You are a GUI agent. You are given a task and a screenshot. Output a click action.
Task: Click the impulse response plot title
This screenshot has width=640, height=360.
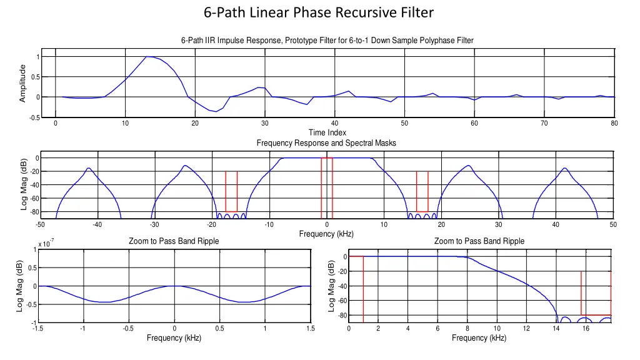327,41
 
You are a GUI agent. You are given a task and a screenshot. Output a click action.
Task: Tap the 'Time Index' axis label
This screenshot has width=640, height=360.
327,132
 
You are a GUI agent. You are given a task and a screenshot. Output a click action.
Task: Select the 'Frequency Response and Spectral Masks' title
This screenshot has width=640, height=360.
326,143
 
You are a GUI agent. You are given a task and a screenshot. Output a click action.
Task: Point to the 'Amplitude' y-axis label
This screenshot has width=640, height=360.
22,83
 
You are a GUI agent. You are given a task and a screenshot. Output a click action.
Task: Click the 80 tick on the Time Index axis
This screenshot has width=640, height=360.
614,123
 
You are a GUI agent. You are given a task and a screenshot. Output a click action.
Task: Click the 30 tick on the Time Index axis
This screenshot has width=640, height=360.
265,123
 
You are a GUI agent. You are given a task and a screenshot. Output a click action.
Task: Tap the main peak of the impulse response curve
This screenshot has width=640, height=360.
149,56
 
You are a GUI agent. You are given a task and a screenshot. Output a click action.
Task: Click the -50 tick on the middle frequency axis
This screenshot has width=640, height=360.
40,225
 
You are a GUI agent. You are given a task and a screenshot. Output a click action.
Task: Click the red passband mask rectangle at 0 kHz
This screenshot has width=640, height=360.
327,184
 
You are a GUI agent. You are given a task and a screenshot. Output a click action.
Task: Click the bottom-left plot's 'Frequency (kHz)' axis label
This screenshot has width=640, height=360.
174,338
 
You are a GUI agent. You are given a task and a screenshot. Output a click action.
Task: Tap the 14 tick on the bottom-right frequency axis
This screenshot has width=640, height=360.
556,329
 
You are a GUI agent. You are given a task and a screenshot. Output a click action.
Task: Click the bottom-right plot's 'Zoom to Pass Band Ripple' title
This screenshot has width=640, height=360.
479,241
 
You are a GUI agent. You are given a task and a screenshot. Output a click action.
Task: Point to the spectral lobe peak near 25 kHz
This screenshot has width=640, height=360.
468,166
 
